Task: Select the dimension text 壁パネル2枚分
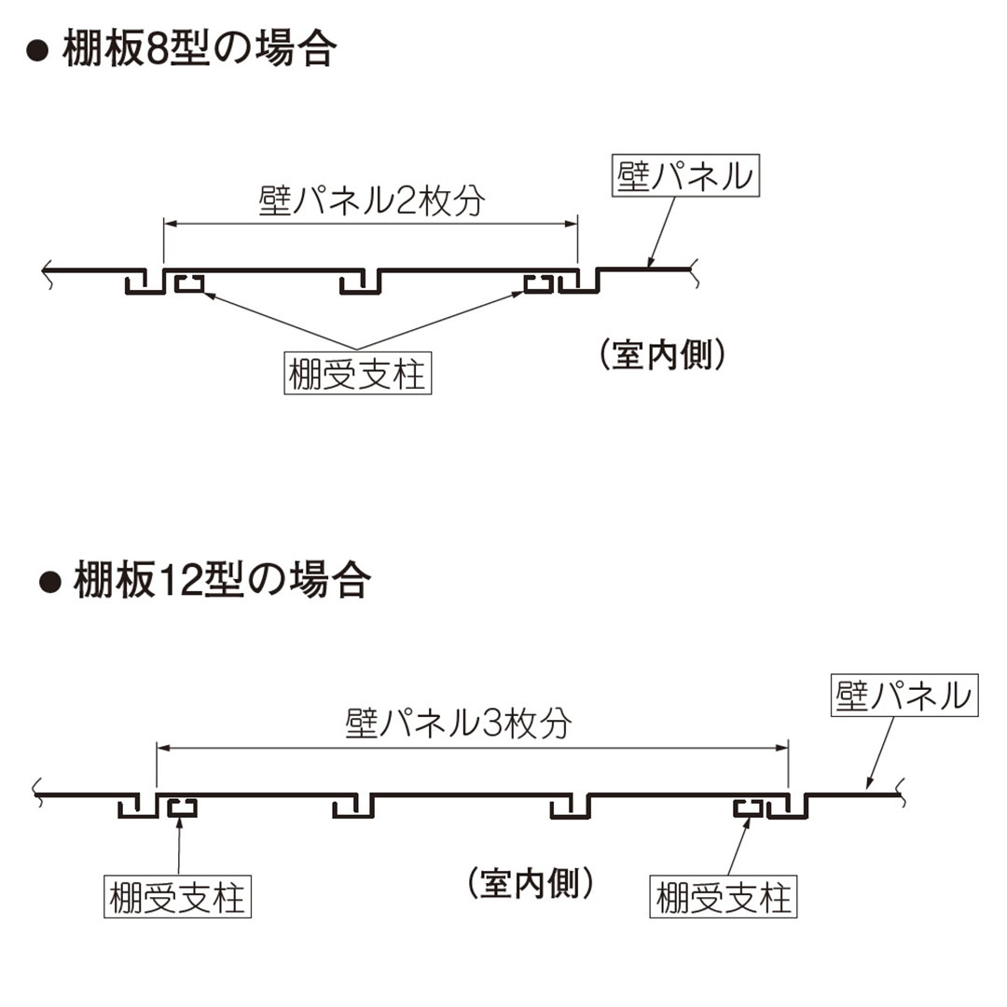click(371, 200)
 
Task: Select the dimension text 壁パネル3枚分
click(457, 723)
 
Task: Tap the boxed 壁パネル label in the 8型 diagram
click(685, 176)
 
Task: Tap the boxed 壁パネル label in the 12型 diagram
click(904, 697)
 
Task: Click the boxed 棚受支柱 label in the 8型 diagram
click(357, 376)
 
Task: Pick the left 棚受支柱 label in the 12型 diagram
click(177, 899)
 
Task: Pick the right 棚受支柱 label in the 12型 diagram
click(724, 899)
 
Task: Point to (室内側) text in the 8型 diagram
click(662, 355)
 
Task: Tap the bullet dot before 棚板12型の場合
click(48, 584)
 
